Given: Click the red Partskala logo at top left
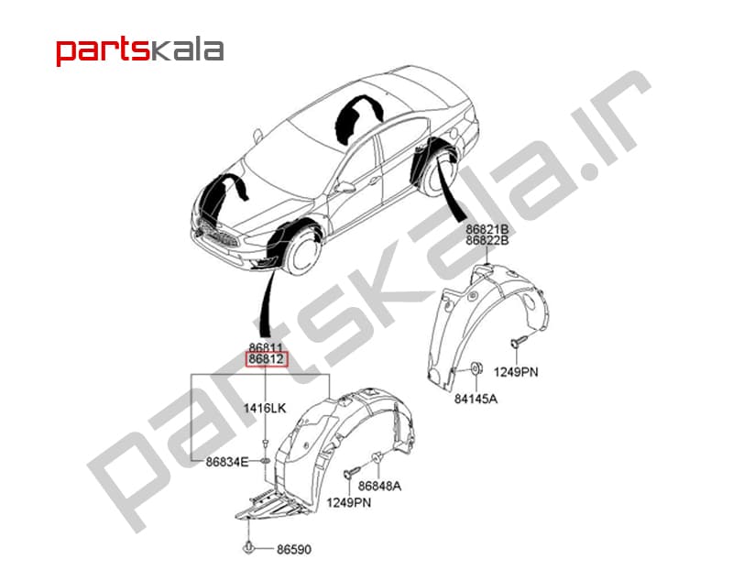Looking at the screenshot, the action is (x=139, y=50).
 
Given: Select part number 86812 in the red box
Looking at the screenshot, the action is (x=267, y=359).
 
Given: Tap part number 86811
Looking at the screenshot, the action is (x=266, y=347).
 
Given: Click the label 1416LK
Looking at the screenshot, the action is (x=264, y=408).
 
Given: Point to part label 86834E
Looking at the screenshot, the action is (x=227, y=462).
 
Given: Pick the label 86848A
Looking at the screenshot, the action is (x=379, y=486).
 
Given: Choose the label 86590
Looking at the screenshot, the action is (x=294, y=549).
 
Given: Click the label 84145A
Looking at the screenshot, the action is (x=476, y=399).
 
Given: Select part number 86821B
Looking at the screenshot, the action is (x=487, y=230).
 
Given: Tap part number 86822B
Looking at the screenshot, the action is (x=487, y=240).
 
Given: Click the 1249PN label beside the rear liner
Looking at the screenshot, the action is (x=516, y=372).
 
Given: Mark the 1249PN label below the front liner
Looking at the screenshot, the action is (x=349, y=503).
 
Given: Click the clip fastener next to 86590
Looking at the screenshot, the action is (x=248, y=548).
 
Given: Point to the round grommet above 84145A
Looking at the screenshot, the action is (x=476, y=368).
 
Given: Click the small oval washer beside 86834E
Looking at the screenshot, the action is (x=265, y=462).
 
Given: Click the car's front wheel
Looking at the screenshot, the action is (x=303, y=253).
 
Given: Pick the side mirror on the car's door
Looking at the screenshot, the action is (x=345, y=188).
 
